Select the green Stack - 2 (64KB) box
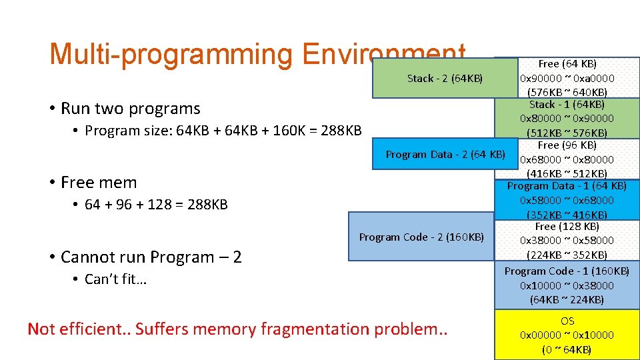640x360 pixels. (x=445, y=79)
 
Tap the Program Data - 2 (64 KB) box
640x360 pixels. (x=445, y=155)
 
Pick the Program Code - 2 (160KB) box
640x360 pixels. (x=421, y=237)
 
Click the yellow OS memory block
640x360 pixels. (x=567, y=335)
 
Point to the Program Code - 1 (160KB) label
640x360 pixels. (x=567, y=271)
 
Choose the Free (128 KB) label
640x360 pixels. (x=567, y=227)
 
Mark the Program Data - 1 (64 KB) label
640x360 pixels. (x=567, y=186)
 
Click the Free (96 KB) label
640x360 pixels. (x=567, y=145)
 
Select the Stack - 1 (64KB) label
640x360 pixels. (x=567, y=105)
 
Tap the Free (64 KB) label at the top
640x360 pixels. (x=567, y=64)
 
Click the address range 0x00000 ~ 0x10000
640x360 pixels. (x=567, y=335)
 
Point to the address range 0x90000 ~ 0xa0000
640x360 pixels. (x=567, y=78)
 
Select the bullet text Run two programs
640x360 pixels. (x=130, y=108)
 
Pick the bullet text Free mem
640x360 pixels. (x=98, y=182)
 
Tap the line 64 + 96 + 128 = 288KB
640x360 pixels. (x=156, y=205)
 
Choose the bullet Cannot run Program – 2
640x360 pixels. (x=151, y=257)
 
